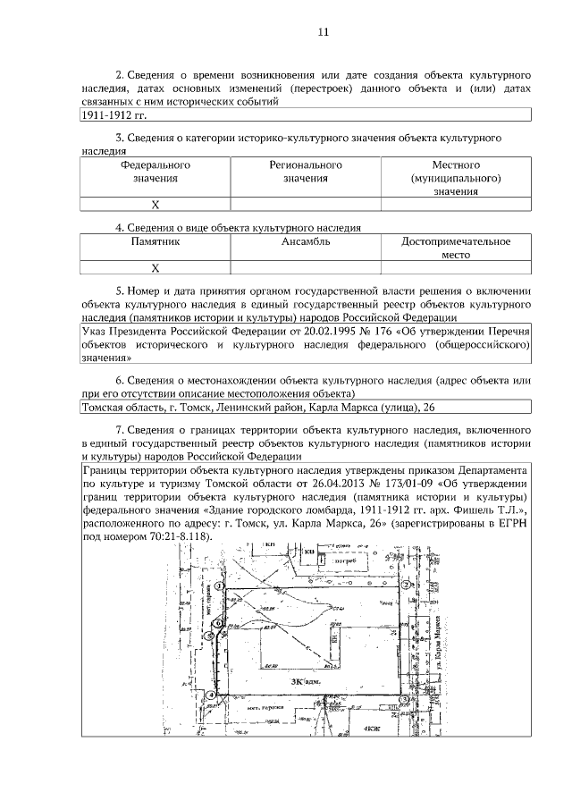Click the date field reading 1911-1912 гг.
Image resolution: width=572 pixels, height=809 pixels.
coord(114,115)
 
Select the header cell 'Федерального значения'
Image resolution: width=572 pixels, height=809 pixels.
coord(156,172)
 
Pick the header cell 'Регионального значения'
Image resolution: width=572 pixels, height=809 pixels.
coord(306,172)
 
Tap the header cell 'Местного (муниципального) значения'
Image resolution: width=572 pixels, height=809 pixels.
coord(456,178)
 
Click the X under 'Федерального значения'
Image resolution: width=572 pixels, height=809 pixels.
coord(156,205)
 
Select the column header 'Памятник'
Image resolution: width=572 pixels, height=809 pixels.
coord(156,241)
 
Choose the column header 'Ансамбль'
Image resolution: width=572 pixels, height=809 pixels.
coord(306,241)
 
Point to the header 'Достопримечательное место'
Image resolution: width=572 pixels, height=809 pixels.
coord(456,248)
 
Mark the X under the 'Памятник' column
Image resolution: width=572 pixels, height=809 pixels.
coord(156,267)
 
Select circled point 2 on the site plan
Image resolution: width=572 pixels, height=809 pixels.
coord(406,585)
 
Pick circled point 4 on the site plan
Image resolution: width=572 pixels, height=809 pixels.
coord(212,695)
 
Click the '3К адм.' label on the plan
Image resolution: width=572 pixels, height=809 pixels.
coord(304,681)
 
